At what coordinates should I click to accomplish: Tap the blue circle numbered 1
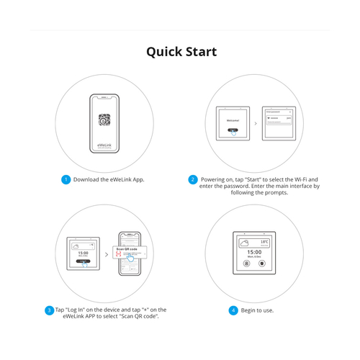tap(66, 179)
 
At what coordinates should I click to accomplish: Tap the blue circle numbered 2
tap(192, 179)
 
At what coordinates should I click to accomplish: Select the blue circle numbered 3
tap(49, 310)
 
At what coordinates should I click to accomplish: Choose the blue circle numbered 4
tap(233, 310)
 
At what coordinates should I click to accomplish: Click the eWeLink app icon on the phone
tap(104, 120)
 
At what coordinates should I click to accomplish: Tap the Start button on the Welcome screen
tap(232, 131)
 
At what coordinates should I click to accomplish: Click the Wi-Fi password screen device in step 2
tap(277, 122)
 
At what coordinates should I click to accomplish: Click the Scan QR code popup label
tap(129, 249)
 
